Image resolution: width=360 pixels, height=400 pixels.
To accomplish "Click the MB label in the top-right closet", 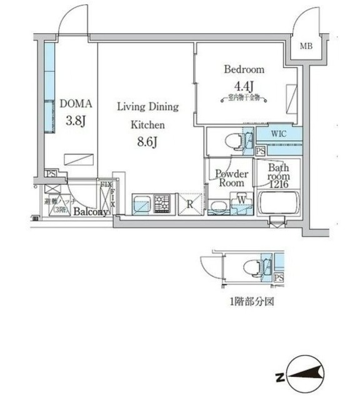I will coord(306,47).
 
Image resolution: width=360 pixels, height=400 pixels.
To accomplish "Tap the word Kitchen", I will coord(147,124).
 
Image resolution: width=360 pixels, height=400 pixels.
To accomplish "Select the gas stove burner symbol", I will coord(162,204).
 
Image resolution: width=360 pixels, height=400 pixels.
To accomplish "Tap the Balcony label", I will coord(89,212).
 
